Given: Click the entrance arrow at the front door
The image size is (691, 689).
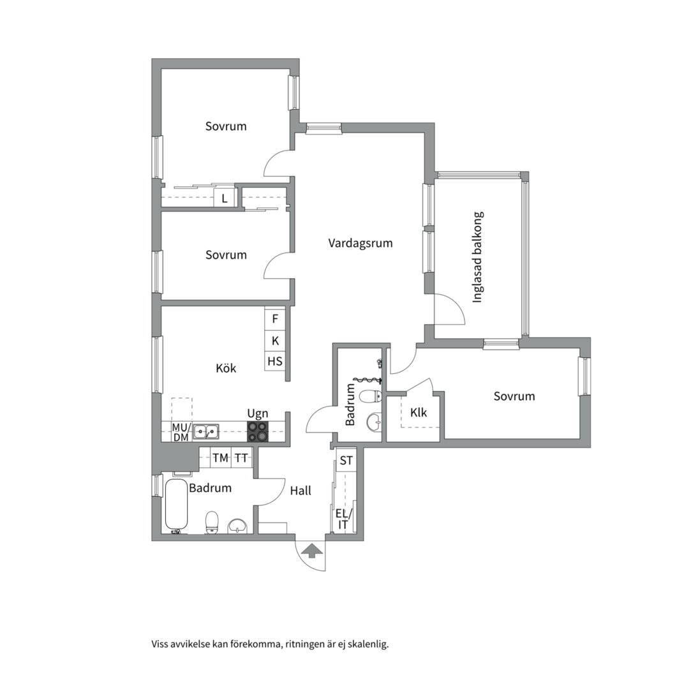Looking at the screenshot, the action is (x=311, y=551).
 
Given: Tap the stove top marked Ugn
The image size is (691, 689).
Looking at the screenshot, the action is (x=258, y=432).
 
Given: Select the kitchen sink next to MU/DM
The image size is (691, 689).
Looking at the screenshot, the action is (x=206, y=431).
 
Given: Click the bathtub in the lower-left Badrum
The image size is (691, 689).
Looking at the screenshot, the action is (x=176, y=505).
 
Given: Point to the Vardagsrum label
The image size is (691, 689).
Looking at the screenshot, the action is (x=360, y=243).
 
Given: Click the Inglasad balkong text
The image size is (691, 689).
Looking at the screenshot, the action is (x=477, y=257).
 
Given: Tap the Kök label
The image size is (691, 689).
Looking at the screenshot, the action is (x=226, y=368).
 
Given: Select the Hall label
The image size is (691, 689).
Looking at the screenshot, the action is (x=301, y=491).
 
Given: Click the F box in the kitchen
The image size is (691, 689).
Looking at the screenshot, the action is (x=276, y=318).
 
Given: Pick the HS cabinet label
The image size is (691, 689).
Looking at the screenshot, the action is (x=275, y=361).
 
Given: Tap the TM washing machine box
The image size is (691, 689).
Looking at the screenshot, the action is (x=220, y=457).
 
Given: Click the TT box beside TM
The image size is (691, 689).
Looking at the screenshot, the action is (x=241, y=457).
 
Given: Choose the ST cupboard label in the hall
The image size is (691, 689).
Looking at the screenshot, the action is (x=346, y=461).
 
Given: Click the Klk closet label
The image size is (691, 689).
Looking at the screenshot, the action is (x=418, y=412).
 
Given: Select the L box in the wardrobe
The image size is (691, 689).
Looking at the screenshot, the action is (x=225, y=198).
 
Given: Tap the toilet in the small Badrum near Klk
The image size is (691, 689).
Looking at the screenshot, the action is (x=370, y=396).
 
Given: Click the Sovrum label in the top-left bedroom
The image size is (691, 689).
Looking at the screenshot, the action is (x=226, y=126).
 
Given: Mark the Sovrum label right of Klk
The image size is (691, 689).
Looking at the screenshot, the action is (x=514, y=396).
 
